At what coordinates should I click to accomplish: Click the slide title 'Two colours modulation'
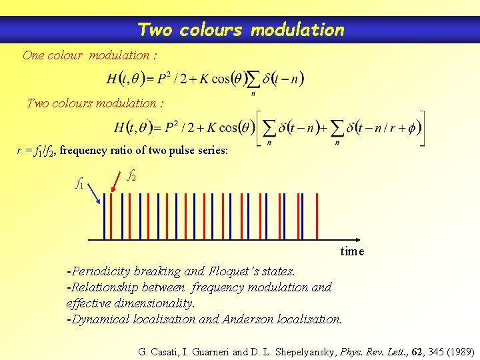click(241, 30)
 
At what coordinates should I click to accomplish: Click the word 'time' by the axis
click(352, 251)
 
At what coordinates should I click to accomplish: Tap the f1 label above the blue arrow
click(79, 182)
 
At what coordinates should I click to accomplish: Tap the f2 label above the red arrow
click(132, 176)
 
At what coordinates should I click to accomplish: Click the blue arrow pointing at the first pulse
click(94, 193)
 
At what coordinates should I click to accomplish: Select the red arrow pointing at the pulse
click(117, 187)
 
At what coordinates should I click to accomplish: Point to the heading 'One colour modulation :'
click(90, 55)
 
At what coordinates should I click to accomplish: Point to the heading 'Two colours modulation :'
click(95, 103)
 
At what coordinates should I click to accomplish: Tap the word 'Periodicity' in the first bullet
click(101, 271)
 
